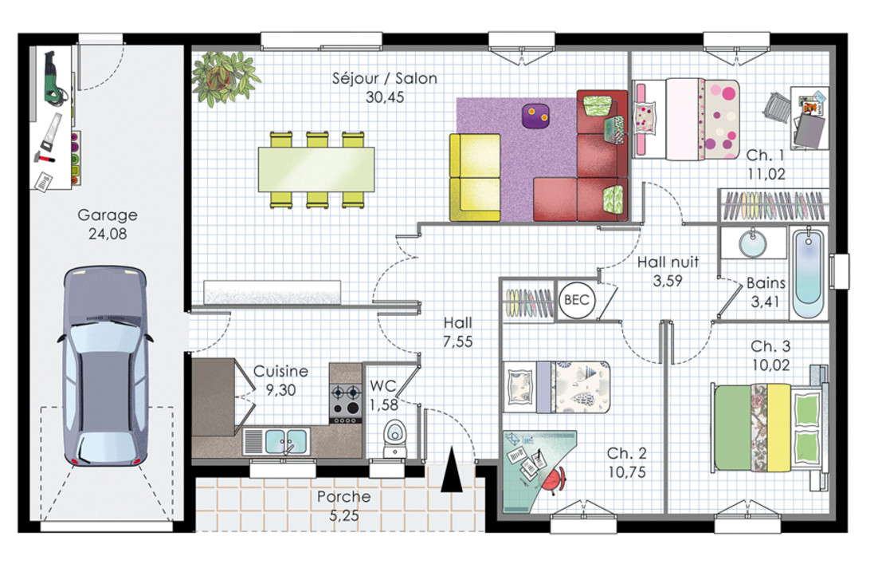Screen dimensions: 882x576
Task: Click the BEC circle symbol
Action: pyautogui.click(x=577, y=300)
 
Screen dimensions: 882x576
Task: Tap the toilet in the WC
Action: pyautogui.click(x=394, y=438)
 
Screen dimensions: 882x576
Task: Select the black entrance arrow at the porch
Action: pyautogui.click(x=451, y=470)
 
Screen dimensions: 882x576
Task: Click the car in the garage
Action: pyautogui.click(x=104, y=366)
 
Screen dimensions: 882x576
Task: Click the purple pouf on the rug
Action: pyautogui.click(x=535, y=116)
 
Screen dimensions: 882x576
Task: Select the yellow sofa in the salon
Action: pyautogui.click(x=475, y=177)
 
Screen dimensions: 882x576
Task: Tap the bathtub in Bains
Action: pyautogui.click(x=809, y=274)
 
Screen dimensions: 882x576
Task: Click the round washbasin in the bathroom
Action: pyautogui.click(x=752, y=243)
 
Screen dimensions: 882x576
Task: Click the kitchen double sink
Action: pyautogui.click(x=276, y=441)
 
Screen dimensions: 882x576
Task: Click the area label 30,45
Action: pyautogui.click(x=385, y=97)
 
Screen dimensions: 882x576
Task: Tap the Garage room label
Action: pyautogui.click(x=108, y=215)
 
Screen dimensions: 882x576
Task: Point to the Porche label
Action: pyautogui.click(x=343, y=496)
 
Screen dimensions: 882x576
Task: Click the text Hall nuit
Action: pyautogui.click(x=668, y=262)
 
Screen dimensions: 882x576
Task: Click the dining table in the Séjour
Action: pyautogui.click(x=316, y=169)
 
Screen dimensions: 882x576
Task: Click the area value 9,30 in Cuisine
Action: pyautogui.click(x=280, y=389)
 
